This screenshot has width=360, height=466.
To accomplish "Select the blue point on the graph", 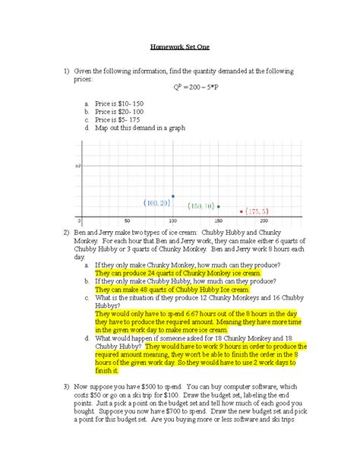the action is coord(173,196).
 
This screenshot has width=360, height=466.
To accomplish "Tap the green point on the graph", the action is coord(219,206).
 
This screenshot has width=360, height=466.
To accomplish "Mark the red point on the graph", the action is coord(242,211).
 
